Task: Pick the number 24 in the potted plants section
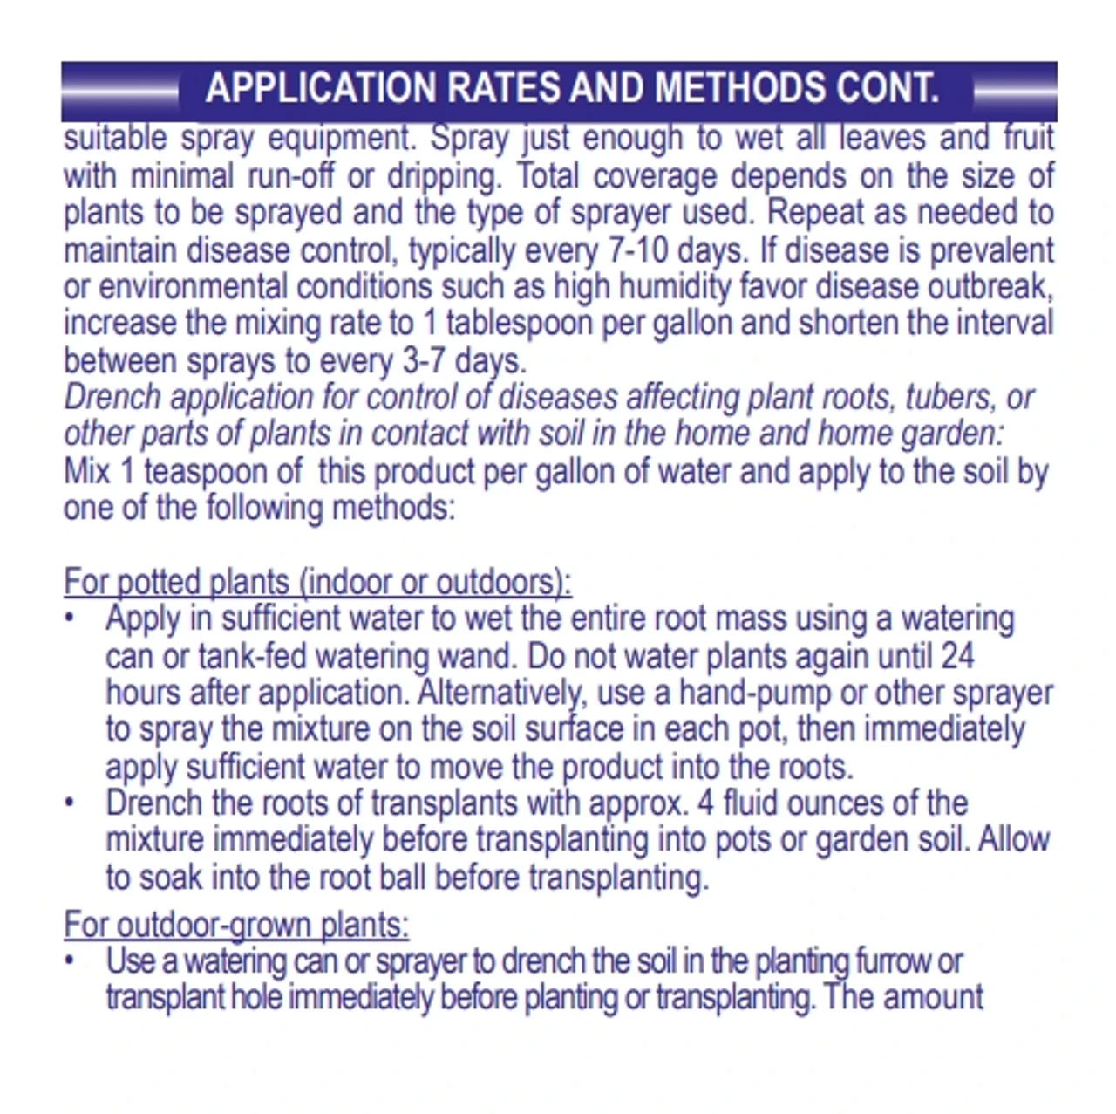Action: [957, 656]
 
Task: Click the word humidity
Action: [664, 287]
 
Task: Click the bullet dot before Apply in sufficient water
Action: [70, 619]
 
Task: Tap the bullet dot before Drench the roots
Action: [70, 803]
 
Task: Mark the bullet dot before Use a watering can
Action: [70, 960]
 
